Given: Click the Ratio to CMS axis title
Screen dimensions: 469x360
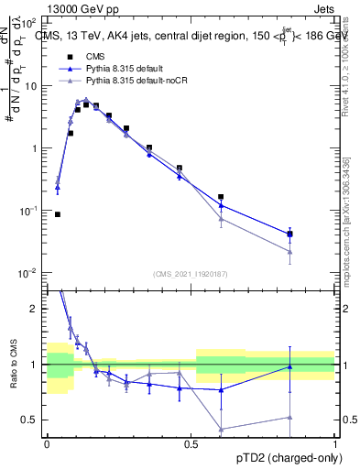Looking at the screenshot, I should click(13, 365).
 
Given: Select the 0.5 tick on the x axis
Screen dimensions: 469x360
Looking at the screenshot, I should click(191, 442).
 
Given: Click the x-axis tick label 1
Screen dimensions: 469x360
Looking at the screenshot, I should click(335, 442).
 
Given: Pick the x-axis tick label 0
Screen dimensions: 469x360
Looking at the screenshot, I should click(47, 442).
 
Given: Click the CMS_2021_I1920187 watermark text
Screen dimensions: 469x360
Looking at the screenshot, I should click(191, 273).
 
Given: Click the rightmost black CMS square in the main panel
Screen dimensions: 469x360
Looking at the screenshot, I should click(289, 234).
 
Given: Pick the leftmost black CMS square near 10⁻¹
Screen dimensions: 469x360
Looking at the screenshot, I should click(58, 214).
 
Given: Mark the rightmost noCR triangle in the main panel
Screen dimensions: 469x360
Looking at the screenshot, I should click(289, 252).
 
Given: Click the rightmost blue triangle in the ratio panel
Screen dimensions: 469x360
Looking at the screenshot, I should click(289, 367).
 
